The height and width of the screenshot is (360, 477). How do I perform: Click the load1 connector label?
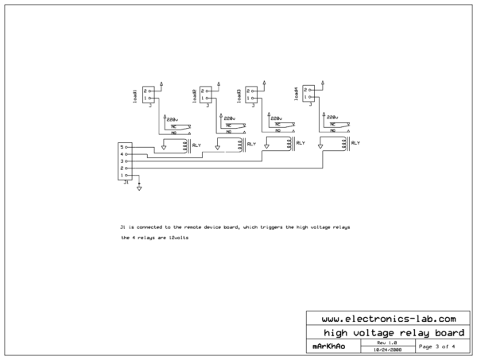pyautogui.click(x=135, y=95)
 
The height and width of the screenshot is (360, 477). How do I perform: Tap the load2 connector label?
pyautogui.click(x=195, y=95)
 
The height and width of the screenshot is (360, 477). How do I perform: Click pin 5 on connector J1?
pyautogui.click(x=122, y=147)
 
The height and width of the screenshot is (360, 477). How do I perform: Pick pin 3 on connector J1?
pyautogui.click(x=122, y=161)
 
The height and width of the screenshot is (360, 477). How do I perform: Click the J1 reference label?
pyautogui.click(x=125, y=183)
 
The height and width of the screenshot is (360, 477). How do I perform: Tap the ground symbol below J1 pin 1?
pyautogui.click(x=140, y=188)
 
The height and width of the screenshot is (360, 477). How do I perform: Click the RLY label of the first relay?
pyautogui.click(x=196, y=145)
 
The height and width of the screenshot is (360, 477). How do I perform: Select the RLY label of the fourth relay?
pyautogui.click(x=355, y=142)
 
